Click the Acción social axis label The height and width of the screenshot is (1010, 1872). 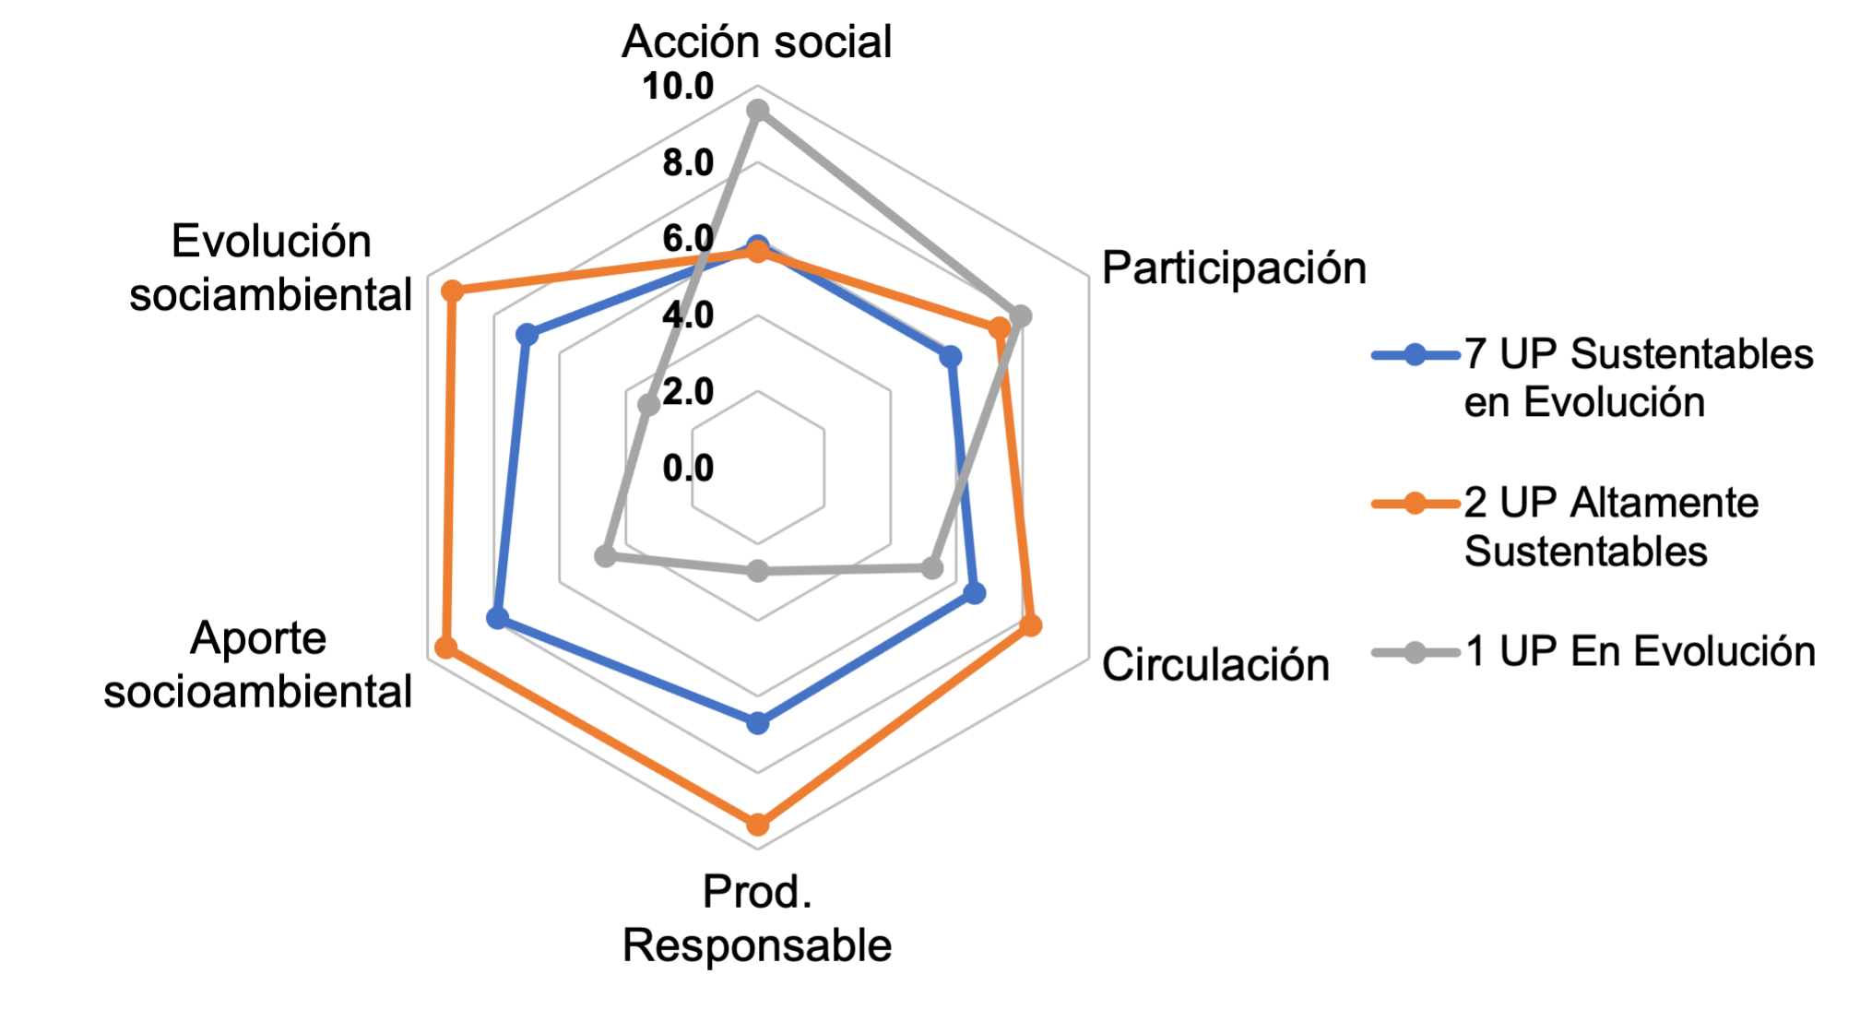click(756, 42)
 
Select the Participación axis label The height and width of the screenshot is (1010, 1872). click(1233, 268)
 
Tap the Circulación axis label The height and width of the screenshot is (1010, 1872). click(1214, 664)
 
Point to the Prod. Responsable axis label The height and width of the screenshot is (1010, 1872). click(756, 919)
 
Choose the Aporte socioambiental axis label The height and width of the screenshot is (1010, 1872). click(257, 665)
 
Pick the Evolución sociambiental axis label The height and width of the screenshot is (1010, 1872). click(270, 268)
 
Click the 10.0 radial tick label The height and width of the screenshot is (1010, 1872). click(678, 87)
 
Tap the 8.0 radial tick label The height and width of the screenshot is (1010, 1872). click(688, 163)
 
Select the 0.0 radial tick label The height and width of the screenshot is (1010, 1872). click(688, 469)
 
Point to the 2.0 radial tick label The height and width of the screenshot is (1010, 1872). click(688, 392)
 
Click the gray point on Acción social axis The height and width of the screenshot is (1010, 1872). click(757, 112)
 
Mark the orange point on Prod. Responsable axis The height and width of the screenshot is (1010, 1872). click(757, 824)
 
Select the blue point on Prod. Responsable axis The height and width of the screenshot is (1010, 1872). click(757, 723)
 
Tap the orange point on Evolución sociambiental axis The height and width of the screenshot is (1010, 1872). click(452, 292)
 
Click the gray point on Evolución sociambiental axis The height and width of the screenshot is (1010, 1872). click(649, 404)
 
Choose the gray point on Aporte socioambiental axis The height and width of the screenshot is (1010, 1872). click(605, 556)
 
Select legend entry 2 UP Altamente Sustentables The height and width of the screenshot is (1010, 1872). click(1610, 527)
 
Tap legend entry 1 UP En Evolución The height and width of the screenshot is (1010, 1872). click(1639, 652)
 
